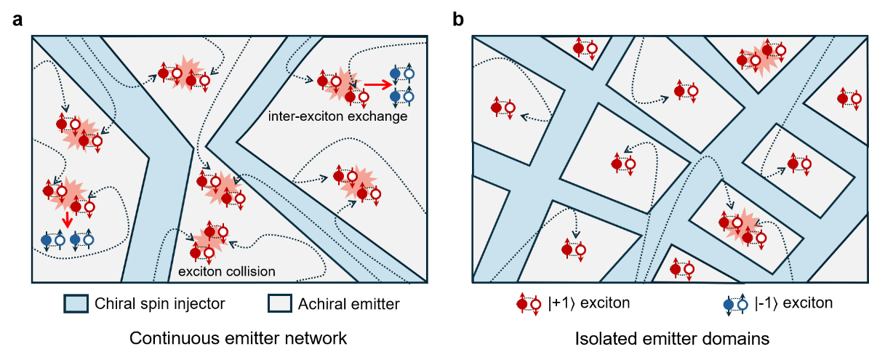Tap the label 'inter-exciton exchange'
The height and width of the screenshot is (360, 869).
(x=337, y=117)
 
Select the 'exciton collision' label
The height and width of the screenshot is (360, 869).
(x=227, y=272)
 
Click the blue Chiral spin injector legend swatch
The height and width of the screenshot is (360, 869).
(x=74, y=304)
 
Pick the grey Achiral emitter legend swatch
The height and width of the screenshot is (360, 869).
(x=279, y=304)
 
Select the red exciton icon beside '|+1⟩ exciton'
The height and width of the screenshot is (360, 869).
(x=528, y=304)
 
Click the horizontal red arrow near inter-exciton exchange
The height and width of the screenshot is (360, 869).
(x=376, y=85)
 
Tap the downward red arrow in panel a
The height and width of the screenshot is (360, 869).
(x=67, y=219)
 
